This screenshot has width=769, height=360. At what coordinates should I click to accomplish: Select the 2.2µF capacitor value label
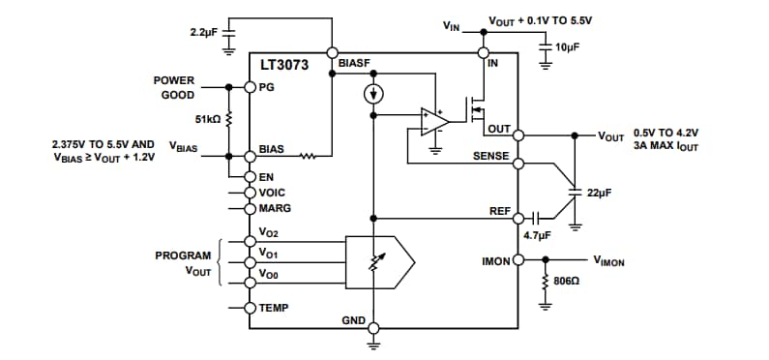coord(205,33)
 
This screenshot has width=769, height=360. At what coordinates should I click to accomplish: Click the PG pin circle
coord(250,87)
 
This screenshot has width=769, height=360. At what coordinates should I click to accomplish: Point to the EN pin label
coord(267,177)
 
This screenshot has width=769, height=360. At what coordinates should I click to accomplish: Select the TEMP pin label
coord(274,308)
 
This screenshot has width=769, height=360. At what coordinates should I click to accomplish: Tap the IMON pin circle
coord(518,260)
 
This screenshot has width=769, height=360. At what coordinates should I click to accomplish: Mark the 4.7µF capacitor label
coord(538,235)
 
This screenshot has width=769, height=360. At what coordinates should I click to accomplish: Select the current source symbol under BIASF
coord(372,94)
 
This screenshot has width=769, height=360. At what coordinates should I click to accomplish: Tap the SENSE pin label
coord(490,156)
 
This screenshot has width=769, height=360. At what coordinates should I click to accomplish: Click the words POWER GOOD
coord(174,87)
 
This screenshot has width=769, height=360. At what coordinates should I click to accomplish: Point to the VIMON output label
coord(612,260)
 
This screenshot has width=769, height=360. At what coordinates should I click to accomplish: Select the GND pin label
coord(354,319)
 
